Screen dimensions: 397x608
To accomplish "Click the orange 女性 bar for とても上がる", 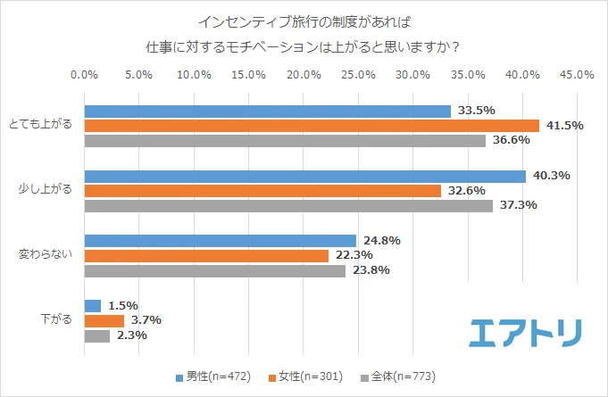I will [x=312, y=126].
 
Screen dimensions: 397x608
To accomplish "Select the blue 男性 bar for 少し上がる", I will [x=304, y=176].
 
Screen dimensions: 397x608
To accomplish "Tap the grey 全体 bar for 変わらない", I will [x=214, y=271].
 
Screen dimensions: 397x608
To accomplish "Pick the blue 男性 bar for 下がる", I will [x=92, y=305].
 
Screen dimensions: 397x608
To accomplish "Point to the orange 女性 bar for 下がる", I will [x=104, y=320].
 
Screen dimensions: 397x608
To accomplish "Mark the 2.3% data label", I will [x=132, y=336].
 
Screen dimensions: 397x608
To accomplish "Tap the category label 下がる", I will [x=56, y=320].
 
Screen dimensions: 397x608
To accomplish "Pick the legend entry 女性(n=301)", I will [x=307, y=376].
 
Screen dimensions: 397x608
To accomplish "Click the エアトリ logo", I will [x=527, y=331].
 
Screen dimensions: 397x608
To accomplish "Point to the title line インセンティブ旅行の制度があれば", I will [x=304, y=20].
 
